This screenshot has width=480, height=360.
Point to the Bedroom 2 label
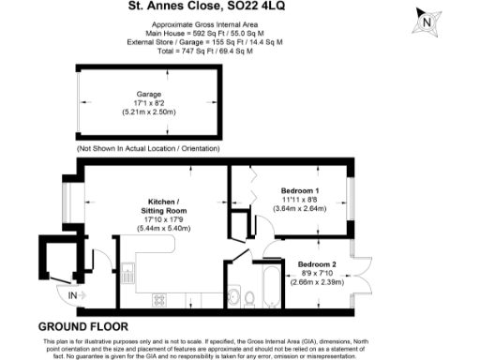(x=317, y=263)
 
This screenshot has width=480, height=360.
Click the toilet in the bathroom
(x=250, y=298)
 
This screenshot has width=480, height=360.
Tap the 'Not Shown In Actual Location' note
(x=151, y=149)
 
